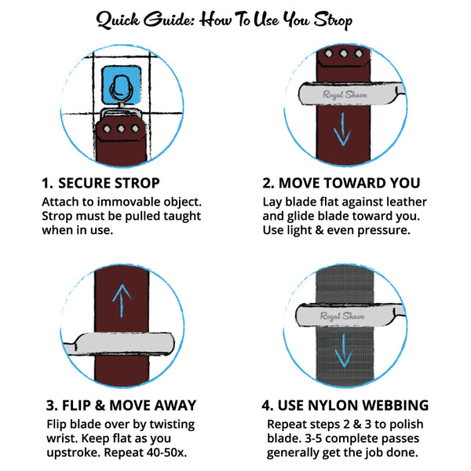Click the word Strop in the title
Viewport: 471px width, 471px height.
(334, 20)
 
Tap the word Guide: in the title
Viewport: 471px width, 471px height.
(170, 20)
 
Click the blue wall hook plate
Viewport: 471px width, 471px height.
(121, 85)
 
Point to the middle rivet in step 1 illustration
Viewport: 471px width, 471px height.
(121, 129)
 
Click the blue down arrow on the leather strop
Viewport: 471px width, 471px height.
(342, 130)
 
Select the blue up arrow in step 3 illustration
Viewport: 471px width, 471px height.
(122, 301)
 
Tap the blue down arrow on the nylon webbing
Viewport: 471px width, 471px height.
(343, 351)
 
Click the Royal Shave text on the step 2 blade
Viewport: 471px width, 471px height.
(345, 95)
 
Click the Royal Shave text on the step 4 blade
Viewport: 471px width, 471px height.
(342, 316)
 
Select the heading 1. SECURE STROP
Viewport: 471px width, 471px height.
(100, 183)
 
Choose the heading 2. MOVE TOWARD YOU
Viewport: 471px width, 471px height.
(341, 183)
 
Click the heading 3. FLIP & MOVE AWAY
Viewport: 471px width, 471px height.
(121, 405)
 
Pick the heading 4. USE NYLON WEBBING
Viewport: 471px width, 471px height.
(345, 405)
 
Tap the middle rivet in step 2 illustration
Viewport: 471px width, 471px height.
(344, 53)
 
